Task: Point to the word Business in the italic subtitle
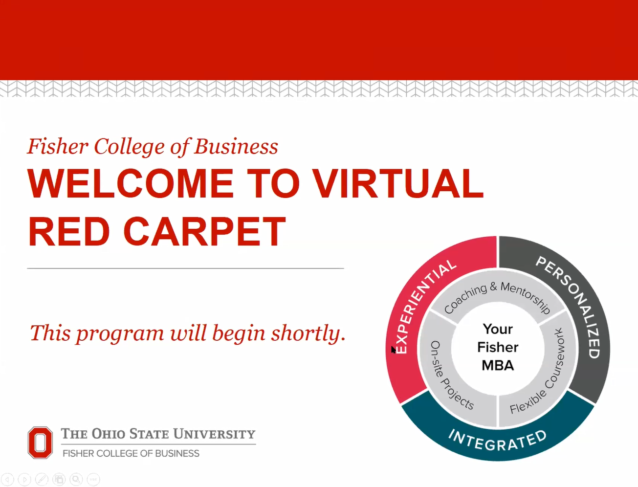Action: (x=236, y=146)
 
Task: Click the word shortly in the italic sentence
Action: (x=308, y=333)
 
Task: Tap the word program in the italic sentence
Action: (x=120, y=334)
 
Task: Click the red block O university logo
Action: (x=40, y=443)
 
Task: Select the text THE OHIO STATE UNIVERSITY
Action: (x=158, y=434)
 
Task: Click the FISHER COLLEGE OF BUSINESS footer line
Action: (x=131, y=453)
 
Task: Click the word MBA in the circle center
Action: (x=497, y=365)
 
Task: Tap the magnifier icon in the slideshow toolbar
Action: (x=76, y=479)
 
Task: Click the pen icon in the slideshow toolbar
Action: (x=42, y=479)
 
